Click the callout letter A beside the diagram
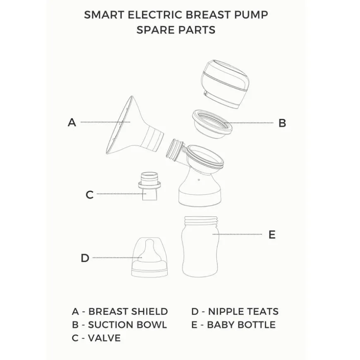pyautogui.click(x=72, y=122)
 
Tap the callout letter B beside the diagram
pyautogui.click(x=282, y=123)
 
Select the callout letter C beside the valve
pyautogui.click(x=89, y=195)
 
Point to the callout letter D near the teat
pyautogui.click(x=85, y=258)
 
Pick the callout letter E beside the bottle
pyautogui.click(x=272, y=235)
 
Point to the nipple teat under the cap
pyautogui.click(x=149, y=254)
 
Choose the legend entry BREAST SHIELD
pyautogui.click(x=128, y=312)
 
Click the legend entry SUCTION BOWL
pyautogui.click(x=127, y=325)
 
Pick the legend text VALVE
pyautogui.click(x=104, y=338)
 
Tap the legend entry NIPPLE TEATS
pyautogui.click(x=243, y=312)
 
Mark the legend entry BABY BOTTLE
pyautogui.click(x=241, y=325)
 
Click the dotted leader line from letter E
pyautogui.click(x=238, y=234)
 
